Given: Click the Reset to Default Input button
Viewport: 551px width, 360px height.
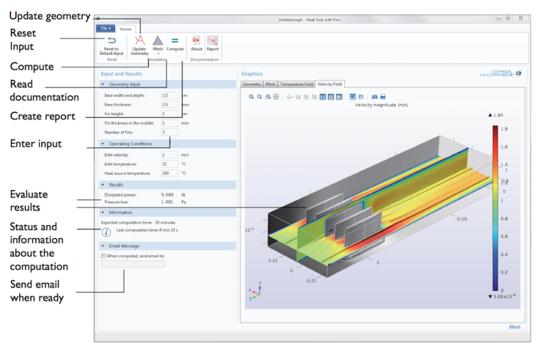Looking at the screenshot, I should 112,45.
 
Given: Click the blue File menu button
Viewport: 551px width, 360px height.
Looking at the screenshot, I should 105,29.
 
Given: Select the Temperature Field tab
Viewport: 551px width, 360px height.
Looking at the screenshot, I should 296,83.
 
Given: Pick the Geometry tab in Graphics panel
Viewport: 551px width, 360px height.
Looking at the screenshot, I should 251,83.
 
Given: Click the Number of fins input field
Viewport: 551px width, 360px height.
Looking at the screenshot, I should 169,131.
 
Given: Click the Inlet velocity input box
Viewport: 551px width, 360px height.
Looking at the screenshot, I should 169,155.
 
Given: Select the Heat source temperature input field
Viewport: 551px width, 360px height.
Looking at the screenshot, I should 169,173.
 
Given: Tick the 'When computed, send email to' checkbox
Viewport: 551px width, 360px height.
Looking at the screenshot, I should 103,255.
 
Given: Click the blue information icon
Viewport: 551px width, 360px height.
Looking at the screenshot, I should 107,233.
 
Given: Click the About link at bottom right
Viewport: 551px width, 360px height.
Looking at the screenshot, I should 514,326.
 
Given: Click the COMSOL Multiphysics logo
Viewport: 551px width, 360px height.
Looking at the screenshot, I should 501,72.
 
